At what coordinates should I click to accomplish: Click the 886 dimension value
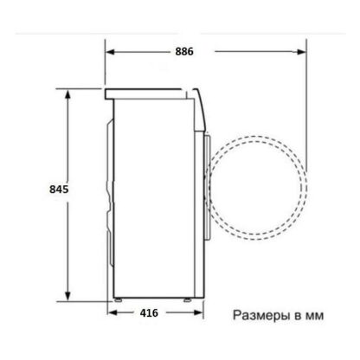(184, 52)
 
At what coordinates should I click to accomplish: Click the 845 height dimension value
(59, 190)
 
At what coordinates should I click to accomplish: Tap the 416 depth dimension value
(149, 312)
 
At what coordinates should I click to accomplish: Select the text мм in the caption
(314, 316)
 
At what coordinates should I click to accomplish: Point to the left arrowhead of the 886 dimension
(111, 52)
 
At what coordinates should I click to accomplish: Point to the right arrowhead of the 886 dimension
(301, 52)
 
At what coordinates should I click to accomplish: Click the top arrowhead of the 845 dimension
(67, 94)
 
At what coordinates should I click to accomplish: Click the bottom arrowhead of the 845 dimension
(67, 296)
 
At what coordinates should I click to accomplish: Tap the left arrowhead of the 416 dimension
(112, 312)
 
